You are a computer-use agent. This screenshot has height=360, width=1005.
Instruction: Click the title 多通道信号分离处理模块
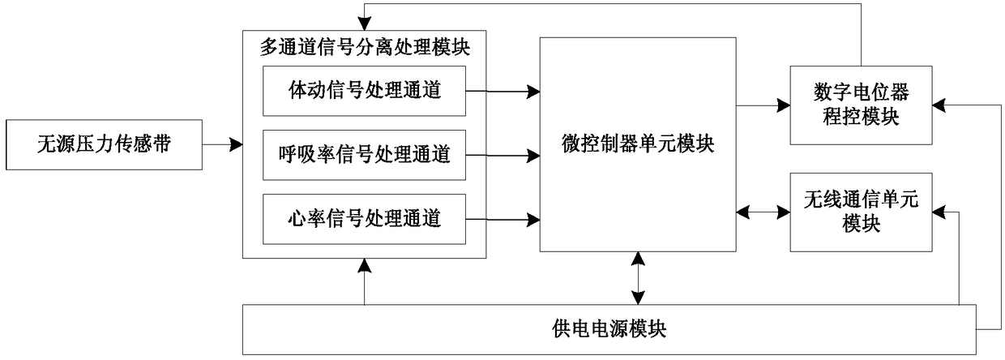[x=365, y=47]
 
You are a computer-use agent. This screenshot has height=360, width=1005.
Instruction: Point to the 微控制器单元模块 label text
[x=638, y=144]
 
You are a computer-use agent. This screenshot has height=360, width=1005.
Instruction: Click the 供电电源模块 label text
[x=609, y=329]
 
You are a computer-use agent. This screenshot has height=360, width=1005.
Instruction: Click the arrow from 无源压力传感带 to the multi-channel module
[x=223, y=144]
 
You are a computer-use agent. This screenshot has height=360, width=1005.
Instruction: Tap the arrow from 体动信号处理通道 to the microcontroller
[x=502, y=92]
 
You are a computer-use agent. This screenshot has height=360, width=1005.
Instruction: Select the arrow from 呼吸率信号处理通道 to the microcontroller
[x=502, y=156]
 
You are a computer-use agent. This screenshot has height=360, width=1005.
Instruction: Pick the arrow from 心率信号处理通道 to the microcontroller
[x=502, y=220]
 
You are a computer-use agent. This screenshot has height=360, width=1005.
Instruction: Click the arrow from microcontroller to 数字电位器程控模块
[x=763, y=106]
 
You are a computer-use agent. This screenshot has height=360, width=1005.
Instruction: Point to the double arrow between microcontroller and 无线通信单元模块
[x=763, y=212]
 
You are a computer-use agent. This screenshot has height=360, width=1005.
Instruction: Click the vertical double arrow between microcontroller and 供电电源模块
[x=638, y=278]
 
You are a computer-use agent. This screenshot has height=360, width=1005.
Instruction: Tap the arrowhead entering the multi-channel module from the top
[x=365, y=24]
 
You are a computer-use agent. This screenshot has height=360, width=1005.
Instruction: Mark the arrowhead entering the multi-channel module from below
[x=365, y=265]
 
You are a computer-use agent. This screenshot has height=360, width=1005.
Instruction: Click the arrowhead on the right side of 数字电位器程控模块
[x=939, y=105]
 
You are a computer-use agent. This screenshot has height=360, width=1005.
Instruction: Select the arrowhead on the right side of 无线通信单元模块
[x=939, y=212]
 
